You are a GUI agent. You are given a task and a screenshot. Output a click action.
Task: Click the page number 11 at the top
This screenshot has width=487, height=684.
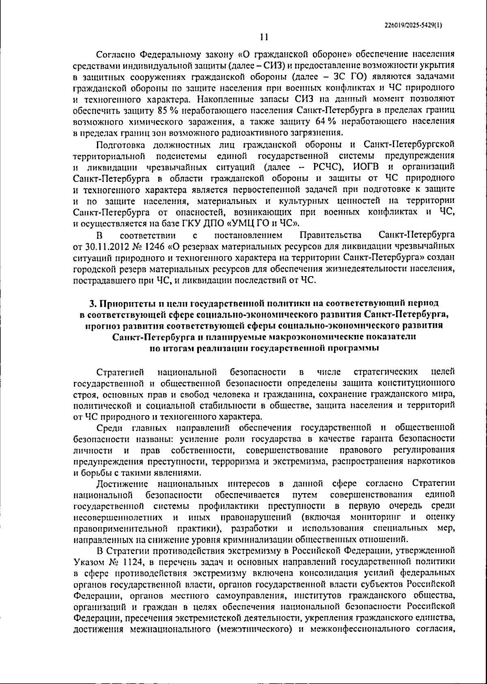pyautogui.click(x=264, y=37)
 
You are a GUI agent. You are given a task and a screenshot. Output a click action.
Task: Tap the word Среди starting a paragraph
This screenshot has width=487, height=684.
pyautogui.click(x=109, y=427)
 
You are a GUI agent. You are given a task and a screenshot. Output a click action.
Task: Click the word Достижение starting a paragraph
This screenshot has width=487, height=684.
pyautogui.click(x=123, y=483)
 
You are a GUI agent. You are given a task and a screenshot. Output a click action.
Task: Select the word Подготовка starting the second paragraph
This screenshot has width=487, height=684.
pyautogui.click(x=121, y=144)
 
